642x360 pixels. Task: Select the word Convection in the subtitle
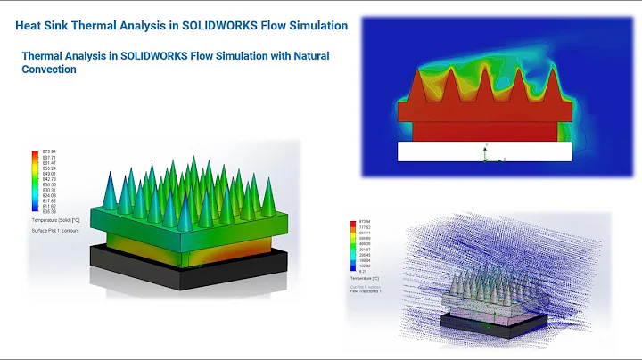[48, 70]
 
